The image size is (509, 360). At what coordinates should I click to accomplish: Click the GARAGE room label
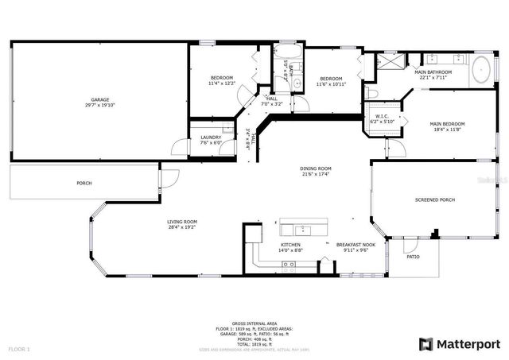99,99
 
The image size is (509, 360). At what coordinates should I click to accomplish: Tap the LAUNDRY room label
211,137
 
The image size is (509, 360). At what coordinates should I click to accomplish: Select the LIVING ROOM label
182,222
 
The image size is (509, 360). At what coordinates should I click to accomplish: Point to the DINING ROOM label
316,168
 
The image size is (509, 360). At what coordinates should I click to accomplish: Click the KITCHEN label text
290,245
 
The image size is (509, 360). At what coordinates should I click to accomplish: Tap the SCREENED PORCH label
435,199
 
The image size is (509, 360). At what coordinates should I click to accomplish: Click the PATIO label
413,256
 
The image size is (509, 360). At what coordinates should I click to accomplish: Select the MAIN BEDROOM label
447,124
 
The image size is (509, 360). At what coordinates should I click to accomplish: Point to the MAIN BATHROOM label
431,72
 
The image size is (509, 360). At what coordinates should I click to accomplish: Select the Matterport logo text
465,343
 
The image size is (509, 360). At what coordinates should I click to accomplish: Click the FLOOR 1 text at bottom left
19,349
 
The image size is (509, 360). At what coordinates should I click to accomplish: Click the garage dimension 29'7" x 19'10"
99,105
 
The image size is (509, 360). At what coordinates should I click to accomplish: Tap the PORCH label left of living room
84,183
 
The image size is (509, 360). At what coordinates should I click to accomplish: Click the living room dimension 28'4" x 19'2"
182,227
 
